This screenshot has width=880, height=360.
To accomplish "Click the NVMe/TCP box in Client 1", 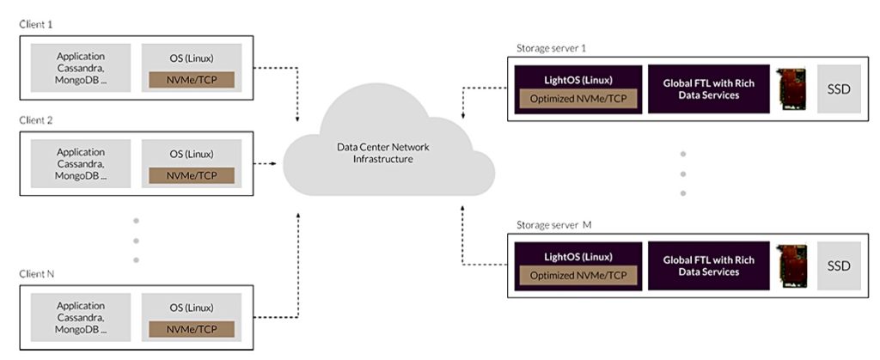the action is [x=192, y=80].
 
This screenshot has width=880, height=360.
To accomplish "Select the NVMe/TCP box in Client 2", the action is [x=192, y=175].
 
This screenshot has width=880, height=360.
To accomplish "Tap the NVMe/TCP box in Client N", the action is [x=192, y=329].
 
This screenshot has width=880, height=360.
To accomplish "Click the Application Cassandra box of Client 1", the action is [x=81, y=68].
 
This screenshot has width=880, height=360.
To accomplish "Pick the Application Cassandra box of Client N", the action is [x=81, y=317].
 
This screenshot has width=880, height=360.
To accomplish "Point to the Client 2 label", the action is [x=36, y=120].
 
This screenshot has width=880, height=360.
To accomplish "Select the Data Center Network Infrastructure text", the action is [x=382, y=153].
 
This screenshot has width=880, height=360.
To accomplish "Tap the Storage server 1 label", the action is [x=551, y=48].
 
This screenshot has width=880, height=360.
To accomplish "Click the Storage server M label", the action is [x=554, y=225].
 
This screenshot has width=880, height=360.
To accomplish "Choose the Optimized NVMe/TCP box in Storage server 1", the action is [x=578, y=100].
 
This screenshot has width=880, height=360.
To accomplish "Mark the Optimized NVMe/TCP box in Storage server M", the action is [x=578, y=276].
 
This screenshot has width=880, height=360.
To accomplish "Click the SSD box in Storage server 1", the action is [x=839, y=89].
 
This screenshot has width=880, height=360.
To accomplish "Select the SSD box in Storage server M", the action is [x=839, y=265].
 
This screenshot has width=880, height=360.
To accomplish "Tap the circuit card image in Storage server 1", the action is [x=792, y=89].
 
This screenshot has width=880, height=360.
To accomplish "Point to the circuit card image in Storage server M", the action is [x=792, y=265].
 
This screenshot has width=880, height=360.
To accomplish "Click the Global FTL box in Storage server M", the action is [x=709, y=265].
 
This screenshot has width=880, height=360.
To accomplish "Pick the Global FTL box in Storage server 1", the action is [x=709, y=89].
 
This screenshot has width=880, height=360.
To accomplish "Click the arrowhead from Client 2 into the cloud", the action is [x=274, y=164].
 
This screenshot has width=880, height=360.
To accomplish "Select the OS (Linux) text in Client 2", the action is [x=192, y=154].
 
